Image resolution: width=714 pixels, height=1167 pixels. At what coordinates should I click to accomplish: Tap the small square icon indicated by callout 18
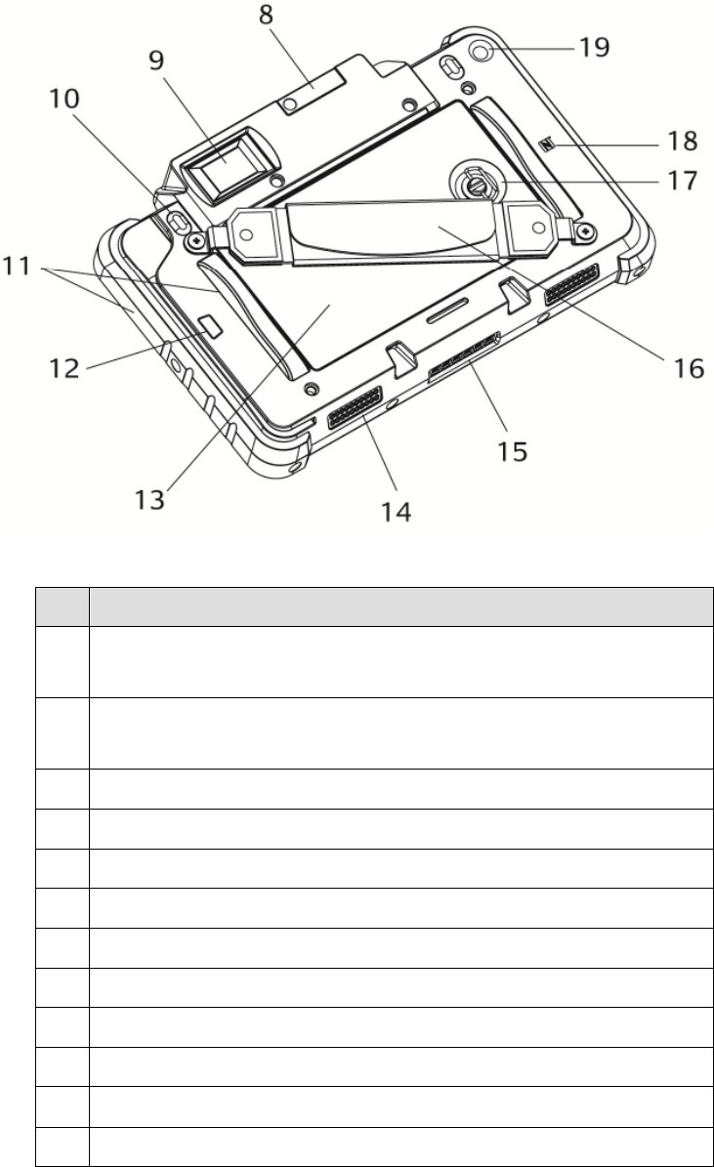[548, 146]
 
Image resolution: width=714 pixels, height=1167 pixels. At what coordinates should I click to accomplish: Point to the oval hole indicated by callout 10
[178, 223]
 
